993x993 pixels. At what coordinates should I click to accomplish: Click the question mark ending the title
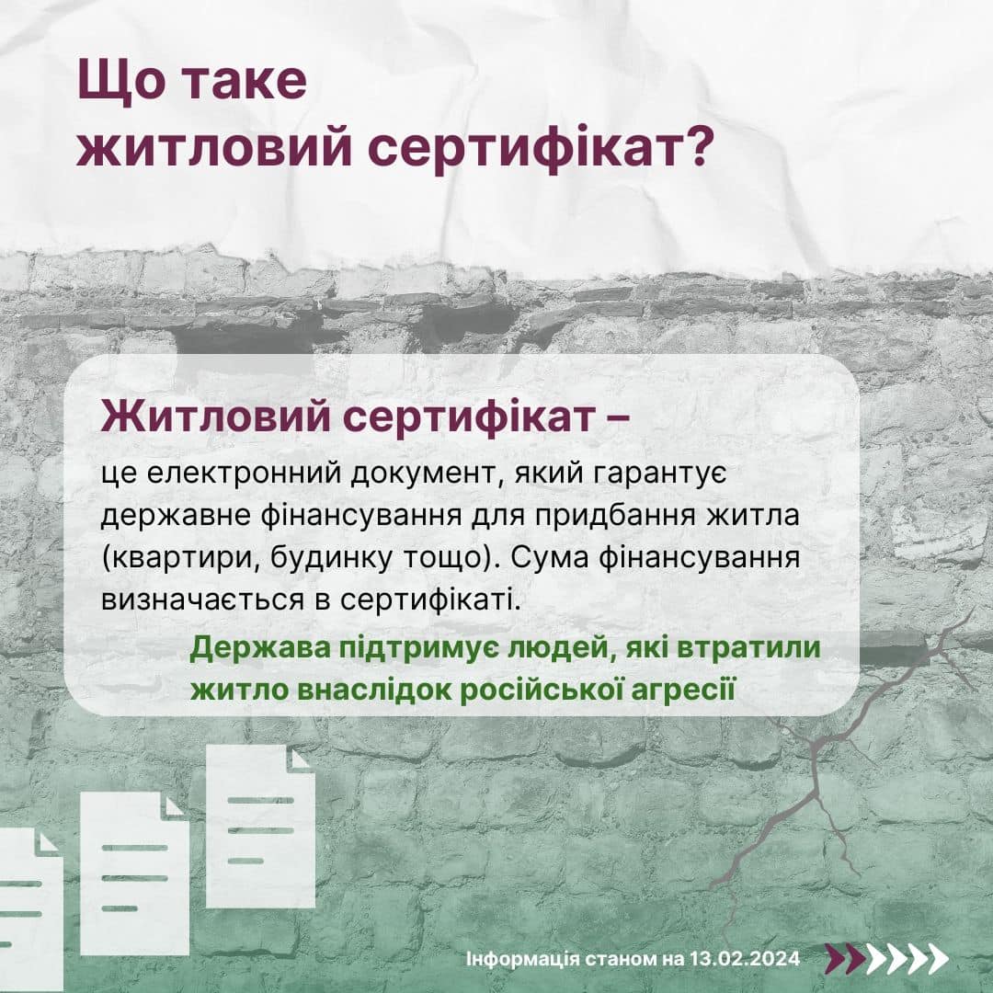point(693,147)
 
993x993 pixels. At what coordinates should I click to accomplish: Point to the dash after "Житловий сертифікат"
point(613,419)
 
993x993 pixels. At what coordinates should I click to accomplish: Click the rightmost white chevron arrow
point(936,959)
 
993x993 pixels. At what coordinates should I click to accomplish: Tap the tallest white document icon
point(261,826)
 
